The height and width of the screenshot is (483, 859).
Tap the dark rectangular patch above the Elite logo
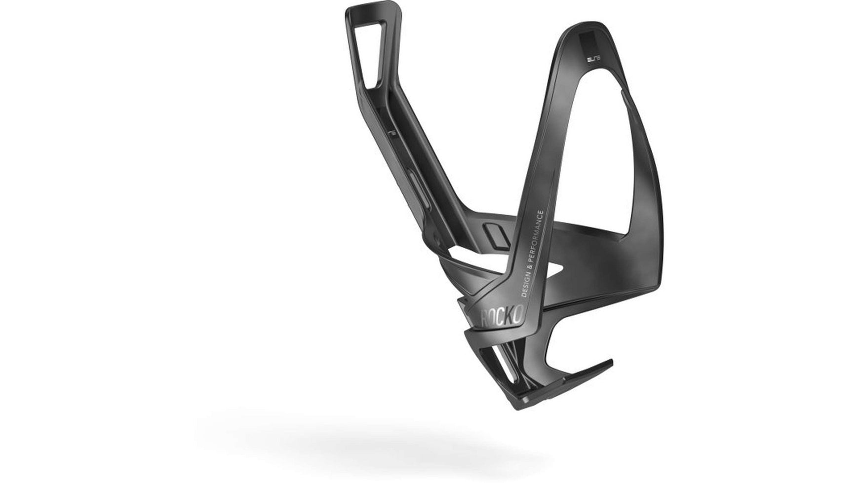click(x=590, y=42)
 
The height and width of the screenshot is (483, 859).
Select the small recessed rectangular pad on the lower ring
click(x=493, y=234)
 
